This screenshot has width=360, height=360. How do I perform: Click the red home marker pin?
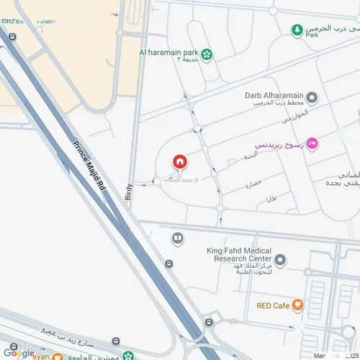point(179,162)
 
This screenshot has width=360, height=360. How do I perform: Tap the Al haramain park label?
point(169,53)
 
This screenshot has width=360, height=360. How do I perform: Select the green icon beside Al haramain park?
point(207,53)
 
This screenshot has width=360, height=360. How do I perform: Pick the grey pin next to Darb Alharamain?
point(312,97)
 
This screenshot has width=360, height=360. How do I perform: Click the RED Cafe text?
point(272,305)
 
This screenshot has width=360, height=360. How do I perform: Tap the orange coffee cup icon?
point(298,305)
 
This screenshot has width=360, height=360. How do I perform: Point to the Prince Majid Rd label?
point(90,166)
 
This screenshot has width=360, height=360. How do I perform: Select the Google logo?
point(19,353)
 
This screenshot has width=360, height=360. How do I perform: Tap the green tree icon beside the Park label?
point(297,30)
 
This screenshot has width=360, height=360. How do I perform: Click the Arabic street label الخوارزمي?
point(294,114)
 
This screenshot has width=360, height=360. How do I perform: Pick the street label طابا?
point(271,199)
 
